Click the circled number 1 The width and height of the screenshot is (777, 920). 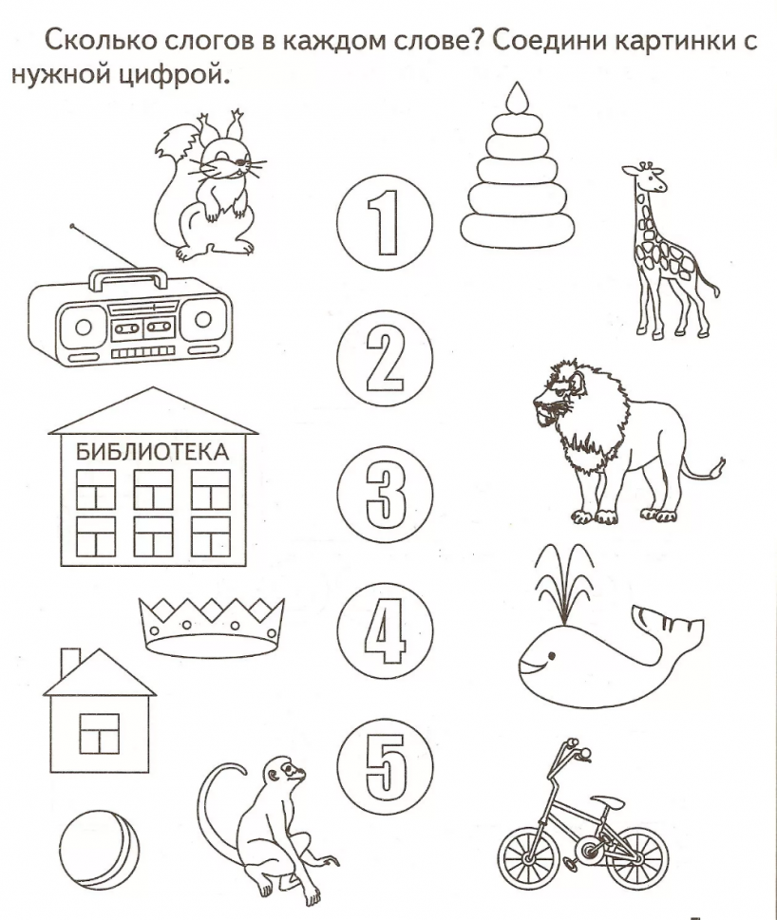385,222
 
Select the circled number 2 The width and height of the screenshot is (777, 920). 385,359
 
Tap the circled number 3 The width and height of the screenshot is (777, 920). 385,494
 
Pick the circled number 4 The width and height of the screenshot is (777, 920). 385,630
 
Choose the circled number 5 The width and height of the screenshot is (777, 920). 385,766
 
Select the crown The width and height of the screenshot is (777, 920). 212,627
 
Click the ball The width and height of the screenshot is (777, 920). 100,850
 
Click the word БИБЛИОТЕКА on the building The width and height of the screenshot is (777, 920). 152,452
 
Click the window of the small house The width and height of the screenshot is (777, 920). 99,733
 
